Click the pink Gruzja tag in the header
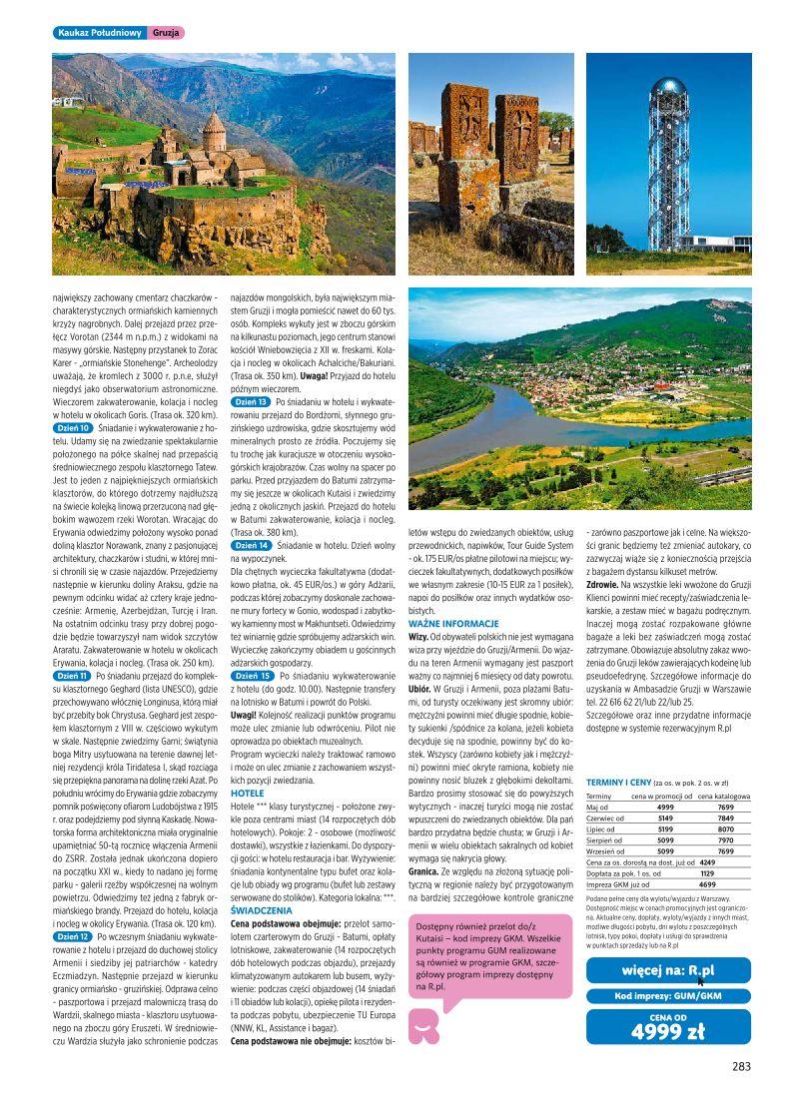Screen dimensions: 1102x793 point(167,33)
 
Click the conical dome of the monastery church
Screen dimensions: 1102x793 point(214,126)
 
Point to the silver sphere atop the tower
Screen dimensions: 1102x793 point(668,87)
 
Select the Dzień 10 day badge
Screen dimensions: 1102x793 point(73,427)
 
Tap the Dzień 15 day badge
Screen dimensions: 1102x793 point(252,676)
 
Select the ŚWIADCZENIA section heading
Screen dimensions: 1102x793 point(261,909)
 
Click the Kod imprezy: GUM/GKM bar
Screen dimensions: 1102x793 point(668,995)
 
